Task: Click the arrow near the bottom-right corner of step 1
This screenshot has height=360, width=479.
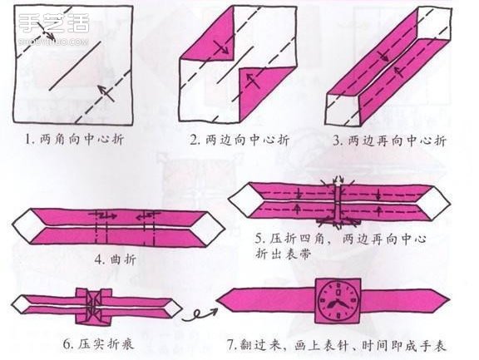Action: point(102,91)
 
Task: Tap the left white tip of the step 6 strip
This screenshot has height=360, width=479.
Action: point(19,304)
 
